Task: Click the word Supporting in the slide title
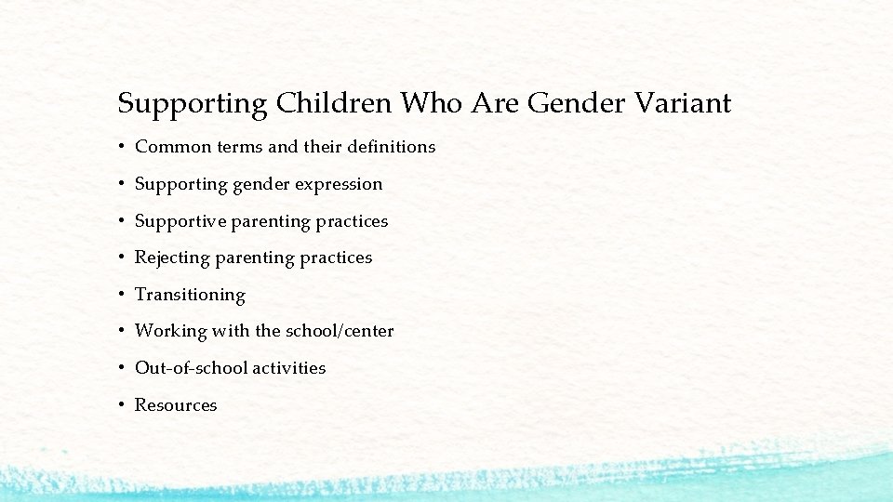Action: (x=193, y=103)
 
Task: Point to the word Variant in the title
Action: (x=686, y=103)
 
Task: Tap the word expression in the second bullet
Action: (x=339, y=184)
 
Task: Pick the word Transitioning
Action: (x=190, y=295)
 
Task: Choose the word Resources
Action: (x=176, y=405)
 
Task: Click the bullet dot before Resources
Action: (x=122, y=405)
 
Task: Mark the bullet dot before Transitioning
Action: (x=122, y=295)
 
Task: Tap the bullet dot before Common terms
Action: (x=122, y=147)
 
